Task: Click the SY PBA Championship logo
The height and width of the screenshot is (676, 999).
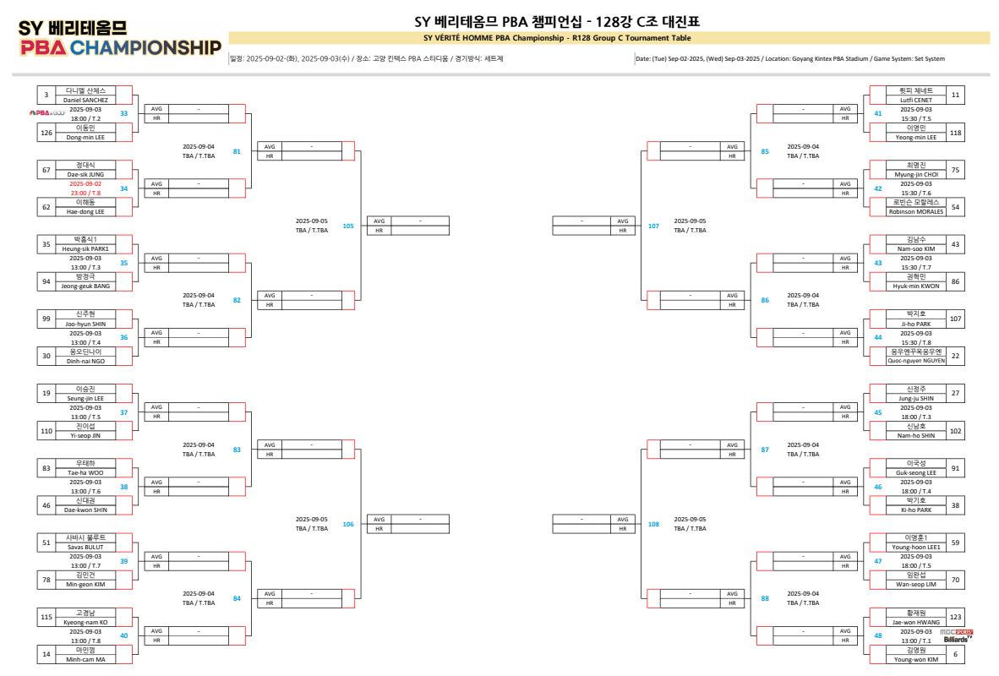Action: [x=120, y=38]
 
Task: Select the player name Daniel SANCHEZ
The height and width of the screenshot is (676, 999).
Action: [x=85, y=100]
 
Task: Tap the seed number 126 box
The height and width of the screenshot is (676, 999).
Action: [x=46, y=132]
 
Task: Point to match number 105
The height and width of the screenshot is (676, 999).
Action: [x=348, y=226]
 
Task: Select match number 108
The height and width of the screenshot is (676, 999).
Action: [x=653, y=524]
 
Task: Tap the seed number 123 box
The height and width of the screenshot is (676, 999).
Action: [x=955, y=618]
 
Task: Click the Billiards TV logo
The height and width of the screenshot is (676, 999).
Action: [x=958, y=636]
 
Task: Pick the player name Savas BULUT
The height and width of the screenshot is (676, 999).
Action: [x=85, y=547]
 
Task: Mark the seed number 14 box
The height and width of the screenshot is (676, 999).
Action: [x=46, y=654]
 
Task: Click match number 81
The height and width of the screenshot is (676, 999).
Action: [x=237, y=151]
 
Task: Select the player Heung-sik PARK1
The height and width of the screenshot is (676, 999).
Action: [x=85, y=249]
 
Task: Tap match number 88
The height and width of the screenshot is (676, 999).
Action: [x=765, y=598]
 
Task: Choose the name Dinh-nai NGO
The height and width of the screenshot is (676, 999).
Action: [x=85, y=361]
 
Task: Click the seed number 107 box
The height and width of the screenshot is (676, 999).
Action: [x=955, y=319]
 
